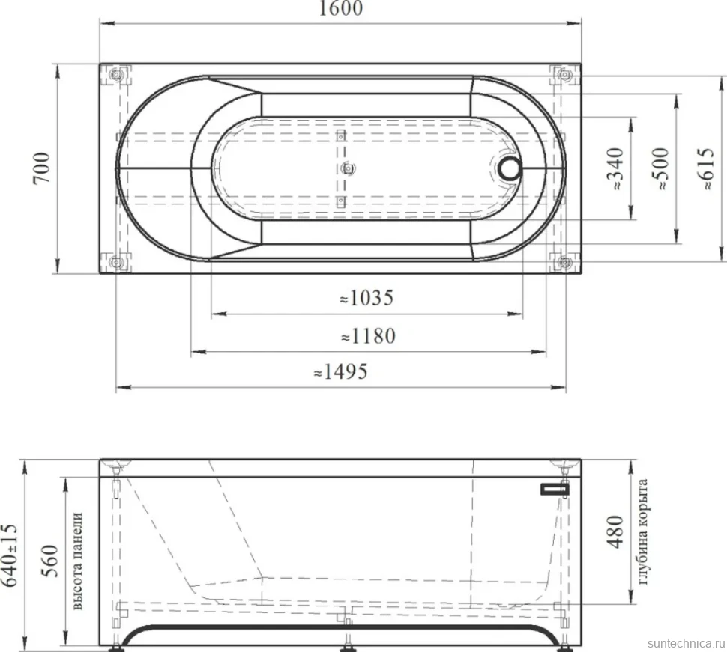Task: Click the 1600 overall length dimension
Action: [x=341, y=8]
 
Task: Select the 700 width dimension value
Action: [x=42, y=168]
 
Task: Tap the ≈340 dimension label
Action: [x=617, y=168]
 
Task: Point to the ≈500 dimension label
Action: [x=660, y=168]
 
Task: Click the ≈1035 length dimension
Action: [x=366, y=298]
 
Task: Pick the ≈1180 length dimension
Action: [x=368, y=335]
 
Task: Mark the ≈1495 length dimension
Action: [x=341, y=371]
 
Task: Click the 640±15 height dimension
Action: [x=10, y=555]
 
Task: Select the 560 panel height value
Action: [x=49, y=561]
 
